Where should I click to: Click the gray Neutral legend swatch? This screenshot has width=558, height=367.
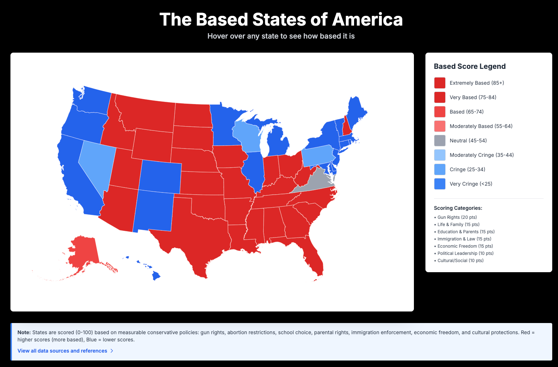pos(439,141)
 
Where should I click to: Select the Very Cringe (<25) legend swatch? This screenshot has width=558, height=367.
pos(439,184)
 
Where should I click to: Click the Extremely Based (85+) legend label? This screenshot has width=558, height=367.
pos(477,83)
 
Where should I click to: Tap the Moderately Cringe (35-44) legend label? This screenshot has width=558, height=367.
pos(482,155)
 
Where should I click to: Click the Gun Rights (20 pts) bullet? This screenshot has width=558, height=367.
pos(457,217)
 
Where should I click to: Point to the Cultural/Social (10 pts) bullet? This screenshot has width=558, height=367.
pos(460,261)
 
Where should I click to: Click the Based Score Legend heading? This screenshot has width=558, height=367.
pos(469,66)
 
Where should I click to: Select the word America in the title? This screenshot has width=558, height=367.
pos(367,19)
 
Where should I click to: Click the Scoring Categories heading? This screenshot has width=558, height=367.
pos(458,208)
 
